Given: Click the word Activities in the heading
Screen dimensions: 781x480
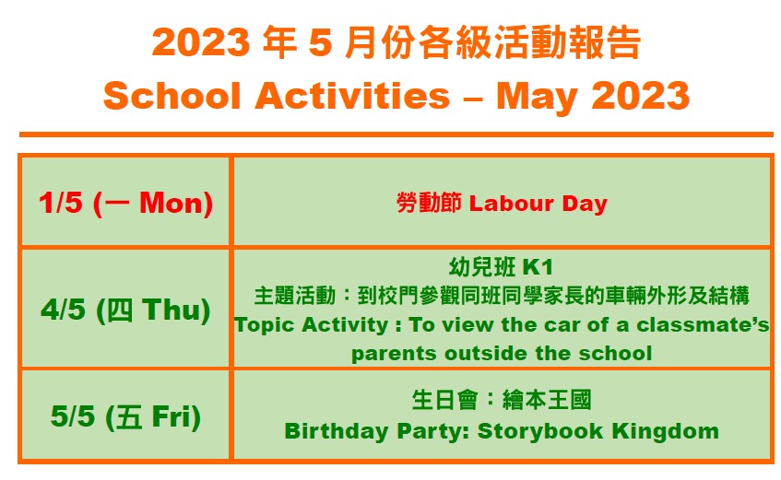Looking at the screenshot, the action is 352,95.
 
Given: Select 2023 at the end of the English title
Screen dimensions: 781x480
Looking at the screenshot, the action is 640,95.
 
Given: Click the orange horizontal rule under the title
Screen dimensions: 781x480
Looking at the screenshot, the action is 396,135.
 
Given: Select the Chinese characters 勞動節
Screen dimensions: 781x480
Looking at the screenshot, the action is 429,203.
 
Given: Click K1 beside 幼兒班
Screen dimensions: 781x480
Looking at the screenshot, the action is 537,267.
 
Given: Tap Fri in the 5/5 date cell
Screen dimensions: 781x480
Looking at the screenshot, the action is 171,416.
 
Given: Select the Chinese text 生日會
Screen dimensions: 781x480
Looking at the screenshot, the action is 444,400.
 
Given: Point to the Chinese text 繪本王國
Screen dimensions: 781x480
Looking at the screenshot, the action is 547,400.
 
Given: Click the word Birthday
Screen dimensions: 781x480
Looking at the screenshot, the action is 337,431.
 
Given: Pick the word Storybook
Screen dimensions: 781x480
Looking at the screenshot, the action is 540,430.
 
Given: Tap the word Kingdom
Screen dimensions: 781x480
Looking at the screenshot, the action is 666,431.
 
